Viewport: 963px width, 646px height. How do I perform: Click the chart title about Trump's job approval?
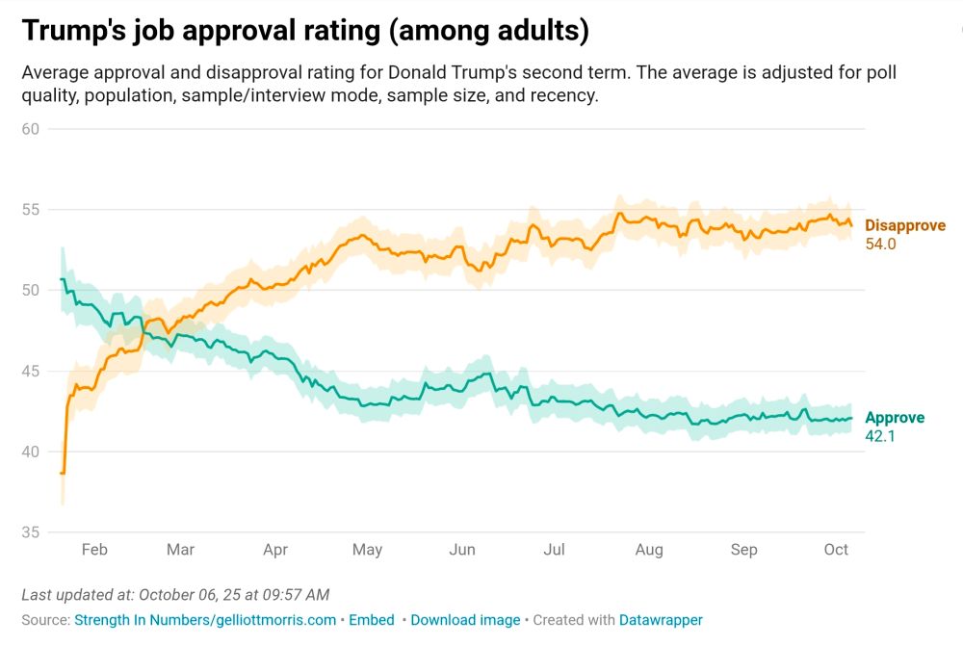305,31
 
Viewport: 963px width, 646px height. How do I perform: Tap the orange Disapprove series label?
904,225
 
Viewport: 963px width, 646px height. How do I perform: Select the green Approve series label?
894,418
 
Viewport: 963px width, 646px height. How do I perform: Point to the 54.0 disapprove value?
880,245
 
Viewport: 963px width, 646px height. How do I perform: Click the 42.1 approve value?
880,436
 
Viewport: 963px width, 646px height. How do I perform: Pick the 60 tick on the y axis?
30,129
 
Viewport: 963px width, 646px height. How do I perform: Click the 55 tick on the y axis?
30,210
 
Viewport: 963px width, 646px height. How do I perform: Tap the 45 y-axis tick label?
30,372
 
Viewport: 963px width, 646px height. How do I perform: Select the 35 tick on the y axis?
30,532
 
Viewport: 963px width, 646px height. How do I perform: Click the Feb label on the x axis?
94,550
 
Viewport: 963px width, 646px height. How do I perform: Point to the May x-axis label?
367,550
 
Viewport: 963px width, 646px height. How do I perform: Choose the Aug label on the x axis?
649,550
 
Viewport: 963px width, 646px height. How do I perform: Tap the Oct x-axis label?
836,550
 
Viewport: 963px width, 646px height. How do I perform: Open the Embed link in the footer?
371,620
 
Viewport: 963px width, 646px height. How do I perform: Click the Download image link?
465,620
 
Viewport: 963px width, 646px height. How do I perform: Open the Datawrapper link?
660,620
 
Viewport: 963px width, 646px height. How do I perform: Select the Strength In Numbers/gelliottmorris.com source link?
205,620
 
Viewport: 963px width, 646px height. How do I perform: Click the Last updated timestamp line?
175,595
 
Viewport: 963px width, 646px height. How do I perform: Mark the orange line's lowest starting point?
63,473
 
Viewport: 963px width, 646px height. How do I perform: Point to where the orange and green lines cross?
143,333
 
